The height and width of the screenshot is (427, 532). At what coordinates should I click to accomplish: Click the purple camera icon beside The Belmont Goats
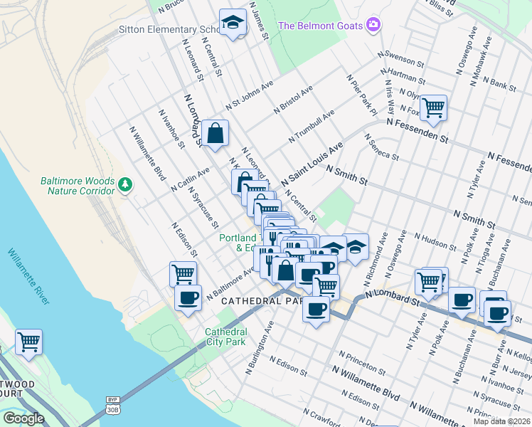[x=373, y=26]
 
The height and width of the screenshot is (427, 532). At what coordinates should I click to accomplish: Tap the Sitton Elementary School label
[x=169, y=30]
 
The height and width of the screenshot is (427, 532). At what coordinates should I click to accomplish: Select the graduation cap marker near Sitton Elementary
[x=233, y=23]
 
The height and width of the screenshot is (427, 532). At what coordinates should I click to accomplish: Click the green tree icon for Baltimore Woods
[x=125, y=185]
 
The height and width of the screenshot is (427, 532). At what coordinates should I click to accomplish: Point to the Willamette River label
[x=28, y=276]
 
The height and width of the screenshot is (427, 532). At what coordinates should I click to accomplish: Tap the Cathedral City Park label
[x=226, y=337]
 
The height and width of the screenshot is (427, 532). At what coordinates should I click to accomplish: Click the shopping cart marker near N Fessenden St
[x=433, y=108]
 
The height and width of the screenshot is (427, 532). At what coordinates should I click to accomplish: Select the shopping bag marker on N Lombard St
[x=215, y=134]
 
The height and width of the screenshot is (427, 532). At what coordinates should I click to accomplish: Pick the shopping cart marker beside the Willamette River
[x=28, y=342]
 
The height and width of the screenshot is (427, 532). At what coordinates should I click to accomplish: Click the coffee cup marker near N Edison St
[x=188, y=298]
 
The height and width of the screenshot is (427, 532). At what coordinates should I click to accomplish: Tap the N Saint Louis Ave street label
[x=312, y=164]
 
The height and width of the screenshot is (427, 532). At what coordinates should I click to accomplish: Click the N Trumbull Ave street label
[x=312, y=126]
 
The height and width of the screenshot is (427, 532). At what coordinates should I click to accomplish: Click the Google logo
[x=23, y=418]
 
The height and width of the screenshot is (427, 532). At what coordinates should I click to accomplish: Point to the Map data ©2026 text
[x=501, y=421]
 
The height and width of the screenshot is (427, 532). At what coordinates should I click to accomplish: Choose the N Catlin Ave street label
[x=191, y=179]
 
